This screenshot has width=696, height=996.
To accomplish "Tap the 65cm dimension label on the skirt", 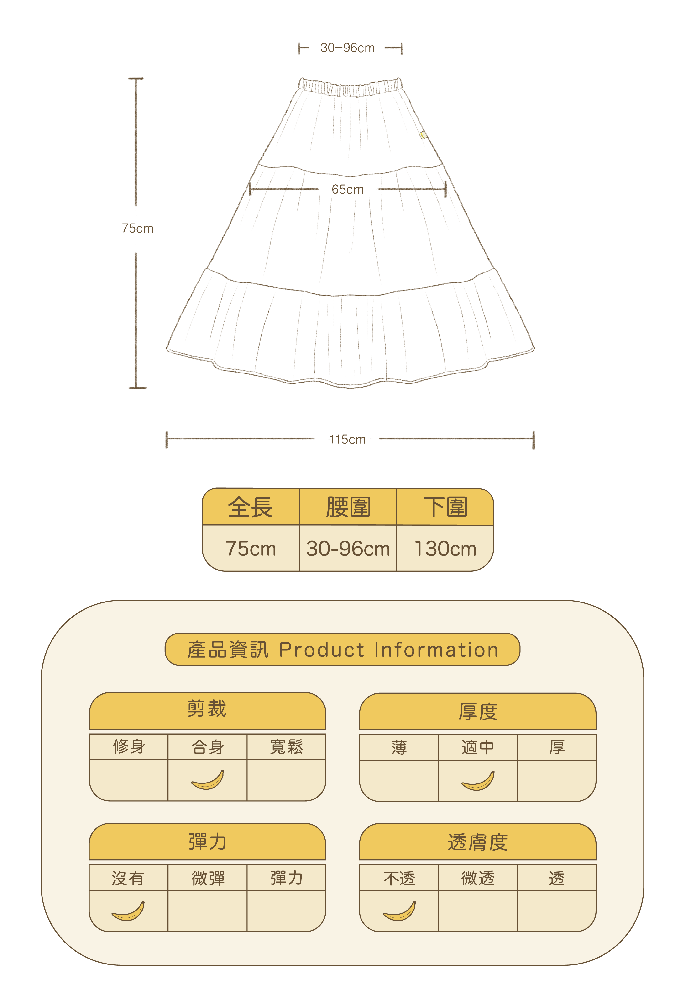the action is pyautogui.click(x=348, y=190).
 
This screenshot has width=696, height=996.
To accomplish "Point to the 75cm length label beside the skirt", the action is pyautogui.click(x=137, y=229).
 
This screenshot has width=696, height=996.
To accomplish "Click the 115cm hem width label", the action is pyautogui.click(x=348, y=439).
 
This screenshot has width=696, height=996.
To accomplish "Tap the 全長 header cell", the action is pyautogui.click(x=251, y=507).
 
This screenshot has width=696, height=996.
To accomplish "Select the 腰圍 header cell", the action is pyautogui.click(x=348, y=507).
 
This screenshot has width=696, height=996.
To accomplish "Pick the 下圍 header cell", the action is pyautogui.click(x=445, y=507).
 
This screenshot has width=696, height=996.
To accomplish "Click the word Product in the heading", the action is pyautogui.click(x=322, y=650).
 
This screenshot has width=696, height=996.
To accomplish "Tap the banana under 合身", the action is pyautogui.click(x=208, y=780).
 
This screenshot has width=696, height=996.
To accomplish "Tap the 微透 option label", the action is pyautogui.click(x=478, y=878).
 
